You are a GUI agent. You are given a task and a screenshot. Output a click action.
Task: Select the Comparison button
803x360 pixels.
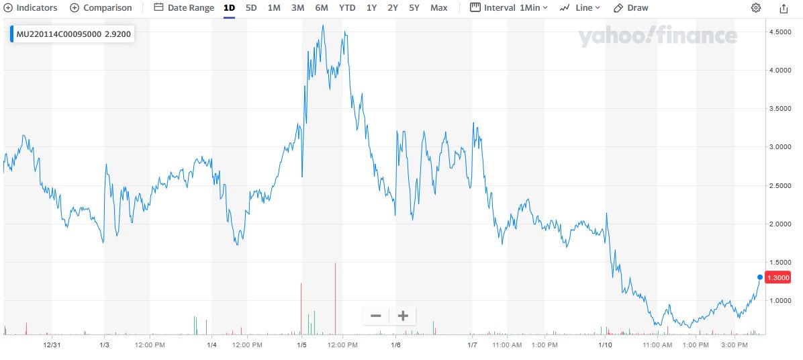pos(101,8)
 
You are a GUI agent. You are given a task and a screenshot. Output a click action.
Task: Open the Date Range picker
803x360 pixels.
pos(184,8)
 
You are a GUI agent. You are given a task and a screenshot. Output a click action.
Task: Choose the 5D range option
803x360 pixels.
pos(251,8)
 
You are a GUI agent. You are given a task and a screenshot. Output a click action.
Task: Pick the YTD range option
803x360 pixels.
pos(347,8)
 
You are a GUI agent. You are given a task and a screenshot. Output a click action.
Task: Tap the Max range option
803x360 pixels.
pos(438,8)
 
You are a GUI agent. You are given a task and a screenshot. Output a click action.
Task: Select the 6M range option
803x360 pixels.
pos(322,8)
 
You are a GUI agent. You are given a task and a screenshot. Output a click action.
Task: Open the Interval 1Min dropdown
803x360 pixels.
pos(509,8)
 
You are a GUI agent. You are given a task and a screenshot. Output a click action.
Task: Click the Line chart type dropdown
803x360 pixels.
pos(579,8)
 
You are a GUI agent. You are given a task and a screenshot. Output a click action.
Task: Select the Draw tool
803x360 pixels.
pos(631,8)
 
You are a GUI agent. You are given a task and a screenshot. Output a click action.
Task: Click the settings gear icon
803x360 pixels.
pos(756,8)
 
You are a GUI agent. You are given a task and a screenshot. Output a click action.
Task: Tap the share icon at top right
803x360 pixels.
pos(784,8)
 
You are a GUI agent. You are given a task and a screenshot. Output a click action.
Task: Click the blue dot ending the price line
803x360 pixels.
pos(759,277)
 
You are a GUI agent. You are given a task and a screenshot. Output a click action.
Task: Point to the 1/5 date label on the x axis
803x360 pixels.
pos(301,345)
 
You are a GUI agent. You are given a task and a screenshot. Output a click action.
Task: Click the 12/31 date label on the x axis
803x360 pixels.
pos(52,345)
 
